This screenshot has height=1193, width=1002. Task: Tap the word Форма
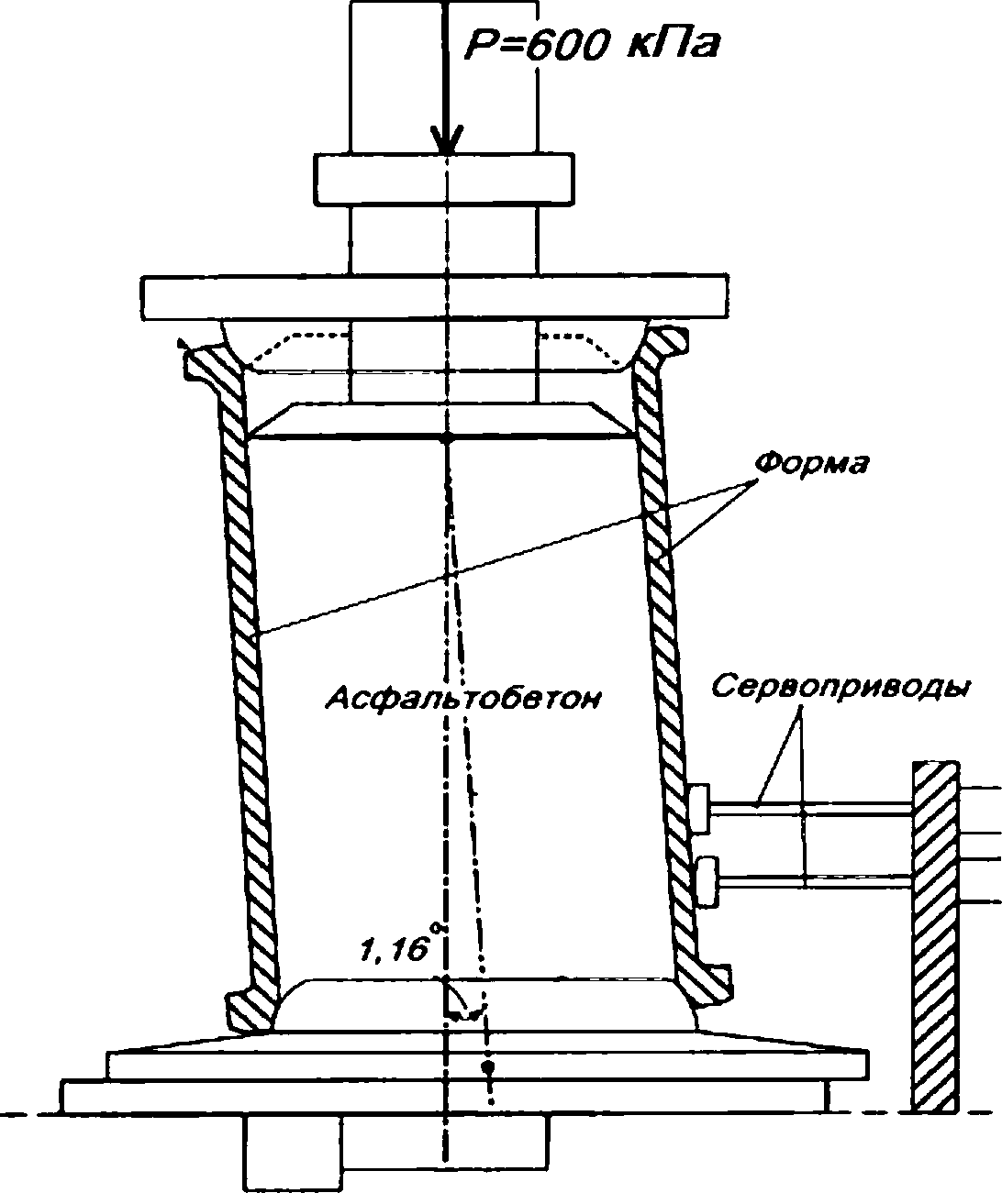[811, 463]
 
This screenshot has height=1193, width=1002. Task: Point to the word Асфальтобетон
[463, 698]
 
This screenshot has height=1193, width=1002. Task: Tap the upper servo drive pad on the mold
[700, 808]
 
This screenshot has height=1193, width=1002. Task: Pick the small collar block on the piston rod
[444, 179]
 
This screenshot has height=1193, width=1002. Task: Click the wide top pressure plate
[436, 298]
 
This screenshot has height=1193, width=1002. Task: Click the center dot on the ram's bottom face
[447, 438]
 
